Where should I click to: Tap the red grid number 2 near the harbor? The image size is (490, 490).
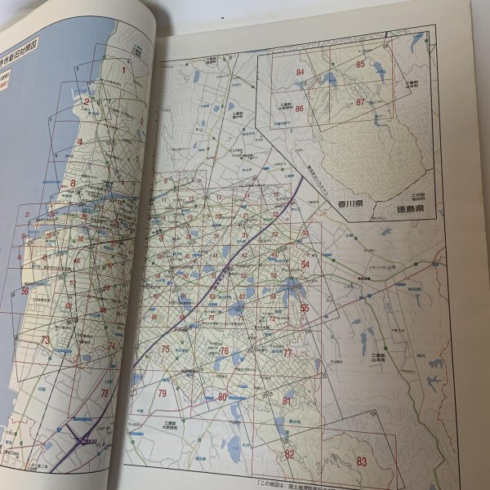(x=86, y=102)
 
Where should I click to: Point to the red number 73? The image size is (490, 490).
(x=46, y=341)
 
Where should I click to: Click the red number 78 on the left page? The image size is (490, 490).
(x=105, y=394)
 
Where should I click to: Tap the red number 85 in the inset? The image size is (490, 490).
(x=359, y=64)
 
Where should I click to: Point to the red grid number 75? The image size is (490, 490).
(x=165, y=349)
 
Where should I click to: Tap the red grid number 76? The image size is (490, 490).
(x=222, y=351)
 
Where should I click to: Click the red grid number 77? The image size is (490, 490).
(x=287, y=353)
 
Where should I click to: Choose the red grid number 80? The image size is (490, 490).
(x=222, y=398)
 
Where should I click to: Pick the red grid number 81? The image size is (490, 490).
(x=287, y=400)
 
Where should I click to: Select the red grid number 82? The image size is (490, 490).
(x=289, y=454)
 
